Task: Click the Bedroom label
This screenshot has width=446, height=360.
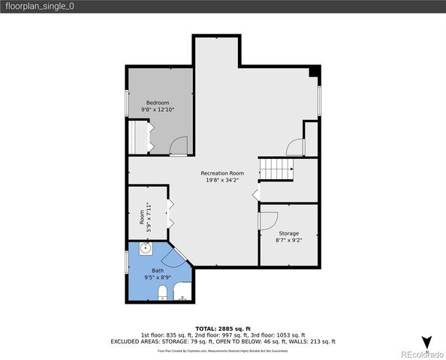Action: tap(158, 103)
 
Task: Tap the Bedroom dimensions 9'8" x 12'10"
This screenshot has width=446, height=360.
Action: tap(158, 110)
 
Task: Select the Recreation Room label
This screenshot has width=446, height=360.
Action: tap(222, 173)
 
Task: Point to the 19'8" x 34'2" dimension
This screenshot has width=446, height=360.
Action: tap(222, 180)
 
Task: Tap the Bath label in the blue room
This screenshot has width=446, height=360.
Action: tap(158, 270)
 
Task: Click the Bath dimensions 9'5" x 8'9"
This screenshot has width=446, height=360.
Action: tap(158, 277)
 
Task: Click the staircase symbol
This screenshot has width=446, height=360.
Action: tap(276, 169)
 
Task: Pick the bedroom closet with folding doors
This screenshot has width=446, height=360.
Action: tap(138, 136)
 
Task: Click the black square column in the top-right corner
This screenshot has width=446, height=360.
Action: tap(315, 72)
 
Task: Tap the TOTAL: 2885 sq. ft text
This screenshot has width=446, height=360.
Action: tap(222, 328)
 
